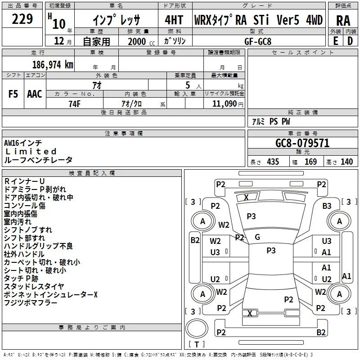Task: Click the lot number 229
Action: (x=22, y=19)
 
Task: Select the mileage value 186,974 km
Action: (x=53, y=65)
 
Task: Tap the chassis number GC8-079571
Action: (x=302, y=143)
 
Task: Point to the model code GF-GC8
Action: (x=258, y=41)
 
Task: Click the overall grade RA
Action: (x=343, y=21)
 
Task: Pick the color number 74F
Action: (x=75, y=104)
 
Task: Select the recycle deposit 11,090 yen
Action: (x=228, y=104)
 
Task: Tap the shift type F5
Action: (x=13, y=94)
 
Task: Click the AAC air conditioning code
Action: (x=35, y=94)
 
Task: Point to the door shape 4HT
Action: (x=174, y=20)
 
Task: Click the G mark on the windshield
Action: (x=257, y=237)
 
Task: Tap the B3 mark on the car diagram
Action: (x=327, y=206)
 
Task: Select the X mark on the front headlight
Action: (x=246, y=197)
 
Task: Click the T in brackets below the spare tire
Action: (x=197, y=344)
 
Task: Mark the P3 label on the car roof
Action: (x=271, y=250)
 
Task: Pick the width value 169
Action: (x=310, y=162)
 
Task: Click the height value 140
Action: (x=346, y=162)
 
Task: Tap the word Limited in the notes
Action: (x=31, y=151)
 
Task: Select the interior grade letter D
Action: (x=350, y=41)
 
